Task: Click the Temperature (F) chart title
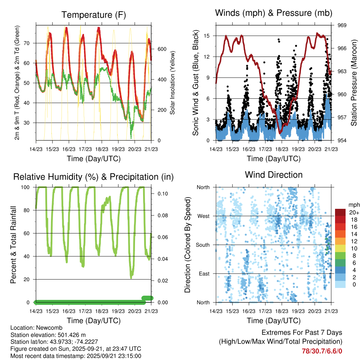pyautogui.click(x=94, y=15)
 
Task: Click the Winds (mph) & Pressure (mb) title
pyautogui.click(x=274, y=13)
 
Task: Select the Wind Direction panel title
pyautogui.click(x=274, y=175)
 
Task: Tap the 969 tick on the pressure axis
pyautogui.click(x=342, y=25)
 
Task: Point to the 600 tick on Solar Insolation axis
pyautogui.click(x=162, y=49)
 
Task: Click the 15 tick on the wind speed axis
pyautogui.click(x=206, y=36)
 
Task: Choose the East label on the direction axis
pyautogui.click(x=204, y=274)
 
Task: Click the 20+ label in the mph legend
pyautogui.click(x=353, y=212)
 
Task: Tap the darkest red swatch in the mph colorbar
pyautogui.click(x=340, y=212)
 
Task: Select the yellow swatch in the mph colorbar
pyautogui.click(x=340, y=249)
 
